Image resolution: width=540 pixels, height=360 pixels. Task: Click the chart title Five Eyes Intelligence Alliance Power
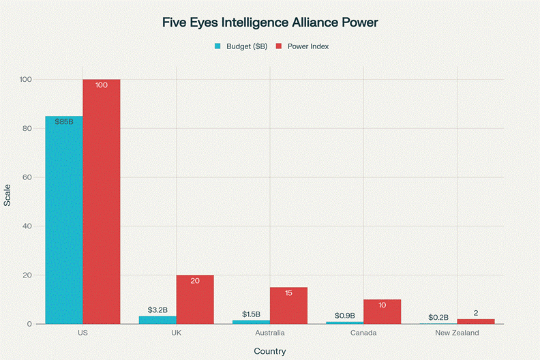point(269,22)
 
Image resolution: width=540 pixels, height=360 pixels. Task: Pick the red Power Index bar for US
point(102,201)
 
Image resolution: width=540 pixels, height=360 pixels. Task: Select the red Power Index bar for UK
point(195,299)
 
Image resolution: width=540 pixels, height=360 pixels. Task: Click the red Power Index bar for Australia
point(288,305)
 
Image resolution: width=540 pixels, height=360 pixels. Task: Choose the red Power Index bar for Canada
point(382,312)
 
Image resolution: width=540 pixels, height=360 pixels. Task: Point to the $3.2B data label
point(157,310)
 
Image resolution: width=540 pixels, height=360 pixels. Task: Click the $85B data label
point(64,121)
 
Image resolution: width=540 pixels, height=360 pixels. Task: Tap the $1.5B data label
point(251,314)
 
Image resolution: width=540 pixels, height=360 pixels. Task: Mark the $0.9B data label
point(344,315)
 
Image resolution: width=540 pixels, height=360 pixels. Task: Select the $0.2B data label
point(438,317)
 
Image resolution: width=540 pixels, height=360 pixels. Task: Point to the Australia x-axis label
point(269,333)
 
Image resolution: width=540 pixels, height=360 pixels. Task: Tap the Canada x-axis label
point(363,333)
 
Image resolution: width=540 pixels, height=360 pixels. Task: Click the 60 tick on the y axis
point(27,177)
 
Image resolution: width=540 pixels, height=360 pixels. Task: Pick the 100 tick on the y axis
point(25,80)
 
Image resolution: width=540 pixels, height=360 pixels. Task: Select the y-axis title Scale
point(7,196)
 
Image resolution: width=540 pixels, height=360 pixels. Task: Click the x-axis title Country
point(269,351)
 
